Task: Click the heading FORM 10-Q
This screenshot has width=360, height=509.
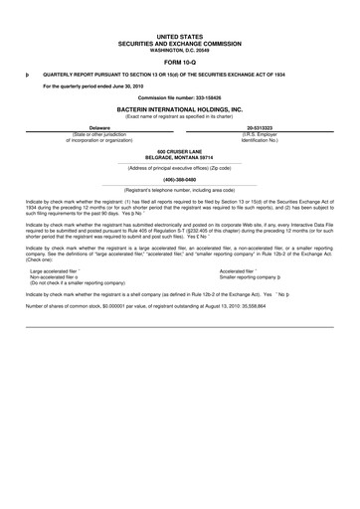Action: pyautogui.click(x=179, y=61)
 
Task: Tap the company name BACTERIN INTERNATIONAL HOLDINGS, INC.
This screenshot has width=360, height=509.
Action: pyautogui.click(x=179, y=109)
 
